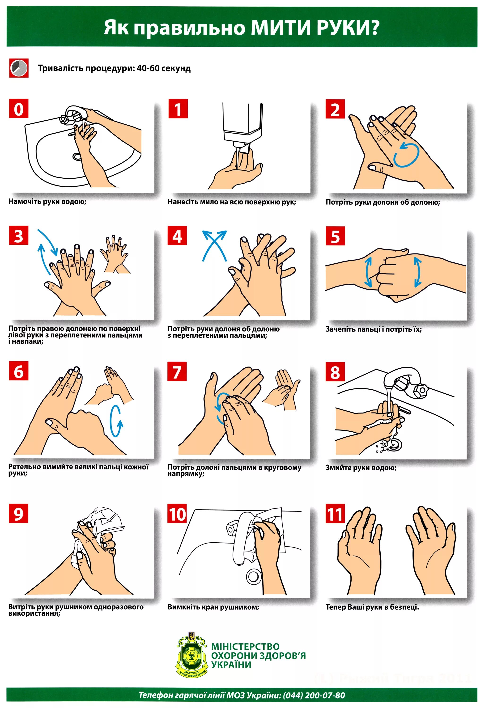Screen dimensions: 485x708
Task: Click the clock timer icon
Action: point(19,68)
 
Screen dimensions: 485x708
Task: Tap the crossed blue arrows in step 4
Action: point(215,245)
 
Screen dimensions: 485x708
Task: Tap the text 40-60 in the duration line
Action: point(148,68)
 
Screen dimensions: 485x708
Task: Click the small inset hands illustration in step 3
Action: point(115,254)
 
